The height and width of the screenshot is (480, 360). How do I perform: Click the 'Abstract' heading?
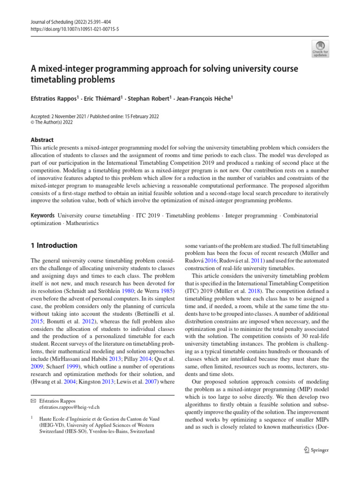coord(42,140)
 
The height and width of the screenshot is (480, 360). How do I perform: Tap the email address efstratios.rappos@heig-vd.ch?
coord(69,407)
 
